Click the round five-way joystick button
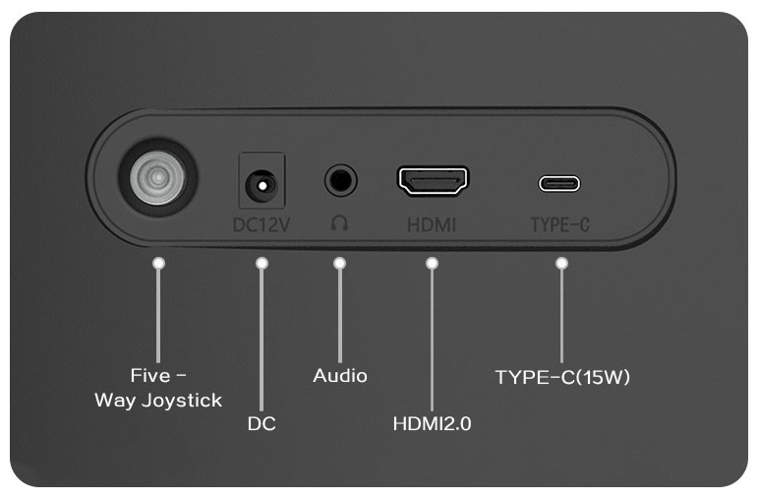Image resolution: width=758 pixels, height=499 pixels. point(157,177)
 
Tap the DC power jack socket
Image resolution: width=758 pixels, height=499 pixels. point(262,185)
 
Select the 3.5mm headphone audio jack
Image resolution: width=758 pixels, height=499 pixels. point(341,180)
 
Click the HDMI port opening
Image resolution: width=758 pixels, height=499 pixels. point(433,180)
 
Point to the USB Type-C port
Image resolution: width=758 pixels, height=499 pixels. point(559,183)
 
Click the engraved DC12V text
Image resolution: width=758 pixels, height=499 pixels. point(262,225)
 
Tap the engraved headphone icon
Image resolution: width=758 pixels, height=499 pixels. point(339,223)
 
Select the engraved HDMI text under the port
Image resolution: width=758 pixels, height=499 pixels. point(432,225)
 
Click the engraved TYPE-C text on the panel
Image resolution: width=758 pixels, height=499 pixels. point(559,225)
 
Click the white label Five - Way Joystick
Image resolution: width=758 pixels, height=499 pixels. point(158,388)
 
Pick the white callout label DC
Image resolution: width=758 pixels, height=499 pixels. point(262,424)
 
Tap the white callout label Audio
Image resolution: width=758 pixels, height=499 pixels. point(340,376)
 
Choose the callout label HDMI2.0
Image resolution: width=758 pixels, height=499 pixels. point(432,424)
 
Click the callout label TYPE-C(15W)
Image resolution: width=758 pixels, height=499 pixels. point(562,377)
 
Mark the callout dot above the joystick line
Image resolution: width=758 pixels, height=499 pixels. point(158,264)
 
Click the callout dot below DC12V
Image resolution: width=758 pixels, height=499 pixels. point(262,264)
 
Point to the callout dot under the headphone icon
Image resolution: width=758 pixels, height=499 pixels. point(339,264)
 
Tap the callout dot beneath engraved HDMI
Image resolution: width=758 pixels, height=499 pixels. point(432,264)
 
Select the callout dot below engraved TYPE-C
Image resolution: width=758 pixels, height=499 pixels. point(561,264)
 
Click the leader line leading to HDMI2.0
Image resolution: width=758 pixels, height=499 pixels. point(432,340)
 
